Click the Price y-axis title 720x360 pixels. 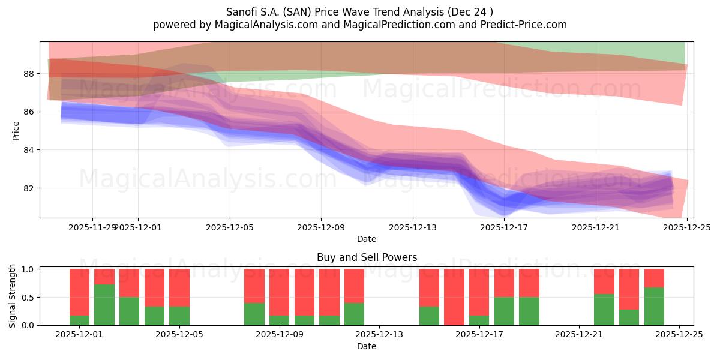pos(16,130)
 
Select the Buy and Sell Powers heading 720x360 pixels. pos(367,257)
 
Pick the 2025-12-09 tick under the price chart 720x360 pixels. pos(321,227)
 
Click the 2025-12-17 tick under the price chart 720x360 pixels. pos(504,227)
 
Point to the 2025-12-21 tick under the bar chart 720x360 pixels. pos(579,334)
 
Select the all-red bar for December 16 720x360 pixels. pos(454,297)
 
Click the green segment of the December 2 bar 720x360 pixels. pos(104,305)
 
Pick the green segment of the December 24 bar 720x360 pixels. pos(654,306)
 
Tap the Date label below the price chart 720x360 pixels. pos(367,239)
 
